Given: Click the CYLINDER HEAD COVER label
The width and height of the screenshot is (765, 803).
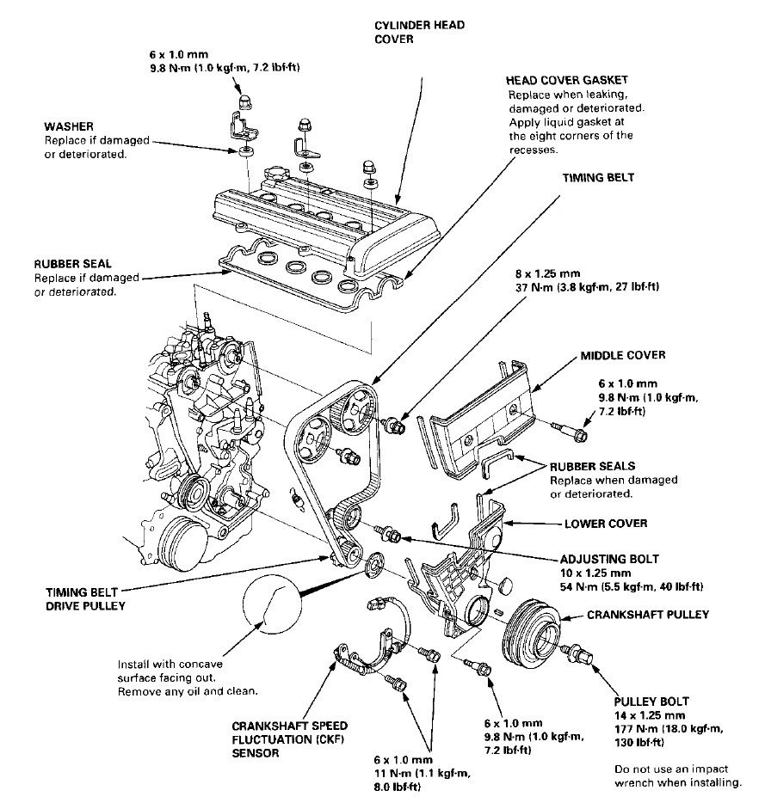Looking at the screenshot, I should (419, 32).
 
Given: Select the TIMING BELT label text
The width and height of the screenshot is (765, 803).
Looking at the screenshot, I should (598, 178).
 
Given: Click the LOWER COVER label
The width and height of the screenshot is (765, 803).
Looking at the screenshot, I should (606, 523).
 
